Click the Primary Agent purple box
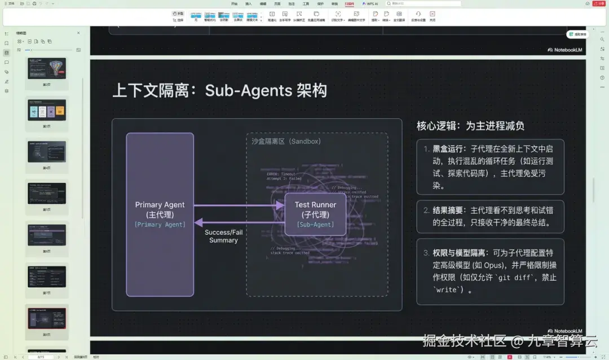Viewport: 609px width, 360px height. (x=160, y=214)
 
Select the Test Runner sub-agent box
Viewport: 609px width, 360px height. (x=315, y=214)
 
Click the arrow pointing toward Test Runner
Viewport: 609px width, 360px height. (x=240, y=205)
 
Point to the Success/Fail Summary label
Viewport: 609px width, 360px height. (x=223, y=236)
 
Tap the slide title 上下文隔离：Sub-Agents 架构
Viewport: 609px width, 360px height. (x=219, y=91)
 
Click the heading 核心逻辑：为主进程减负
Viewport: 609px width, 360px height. (x=470, y=126)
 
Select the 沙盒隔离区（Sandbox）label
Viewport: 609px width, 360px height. (x=286, y=141)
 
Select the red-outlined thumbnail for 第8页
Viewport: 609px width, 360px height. (x=47, y=318)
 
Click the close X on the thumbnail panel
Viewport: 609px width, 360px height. (x=78, y=33)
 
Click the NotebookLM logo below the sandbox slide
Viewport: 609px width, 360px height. (x=566, y=331)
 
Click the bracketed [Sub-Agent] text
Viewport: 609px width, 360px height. (x=315, y=225)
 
